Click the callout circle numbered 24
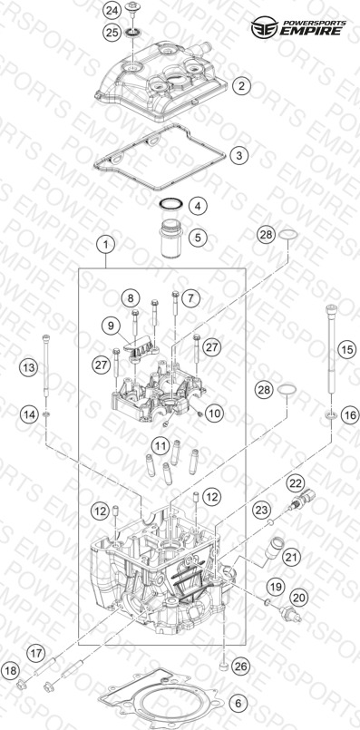tap(111, 10)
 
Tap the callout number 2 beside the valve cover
tap(242, 85)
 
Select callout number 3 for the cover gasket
tap(238, 155)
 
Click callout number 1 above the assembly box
tap(107, 244)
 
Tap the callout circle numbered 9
tap(111, 326)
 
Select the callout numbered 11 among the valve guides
tap(161, 446)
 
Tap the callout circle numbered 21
tap(292, 556)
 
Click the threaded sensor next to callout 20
tap(290, 613)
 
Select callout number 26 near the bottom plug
tap(243, 667)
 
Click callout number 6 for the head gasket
tap(238, 703)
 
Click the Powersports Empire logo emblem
tap(264, 27)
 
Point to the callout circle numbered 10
tap(214, 413)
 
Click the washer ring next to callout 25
tap(132, 33)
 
